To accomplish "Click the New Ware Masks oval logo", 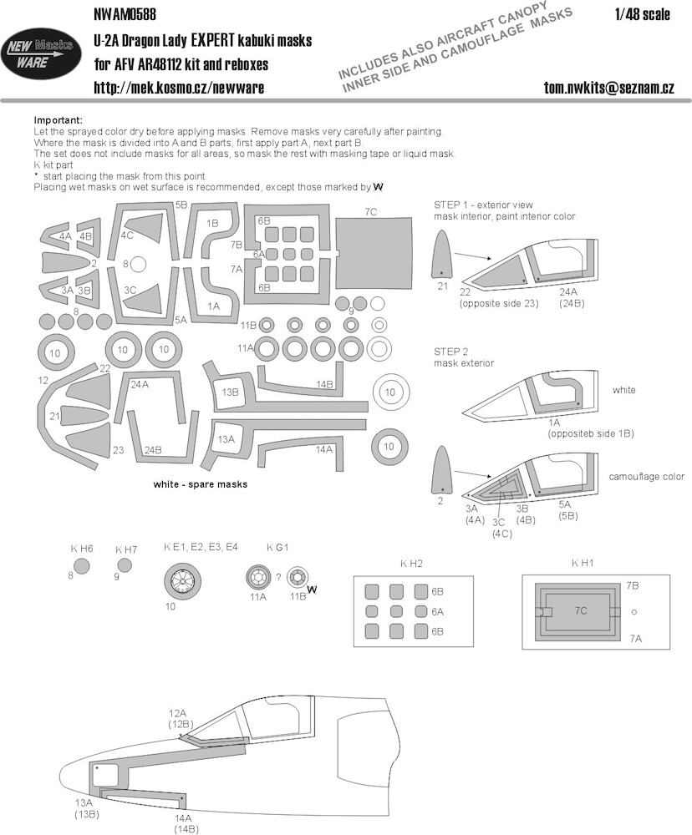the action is tap(41, 53).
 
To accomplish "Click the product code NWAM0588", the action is tap(125, 14).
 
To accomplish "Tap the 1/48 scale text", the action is tap(642, 14).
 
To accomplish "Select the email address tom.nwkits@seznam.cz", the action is tap(609, 88).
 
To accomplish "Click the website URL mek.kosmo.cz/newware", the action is tap(179, 88).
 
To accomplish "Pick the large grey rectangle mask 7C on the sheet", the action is tap(374, 252).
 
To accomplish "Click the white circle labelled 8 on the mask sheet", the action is tap(138, 264).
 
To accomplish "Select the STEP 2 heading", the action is tap(450, 352).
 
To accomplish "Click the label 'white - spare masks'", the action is tap(200, 484).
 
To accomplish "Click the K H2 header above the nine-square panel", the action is tap(411, 564).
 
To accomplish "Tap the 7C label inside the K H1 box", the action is tap(581, 610).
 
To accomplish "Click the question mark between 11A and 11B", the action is tap(278, 578).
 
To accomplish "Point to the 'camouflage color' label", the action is tap(646, 477).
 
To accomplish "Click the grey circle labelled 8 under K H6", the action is tap(82, 565).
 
